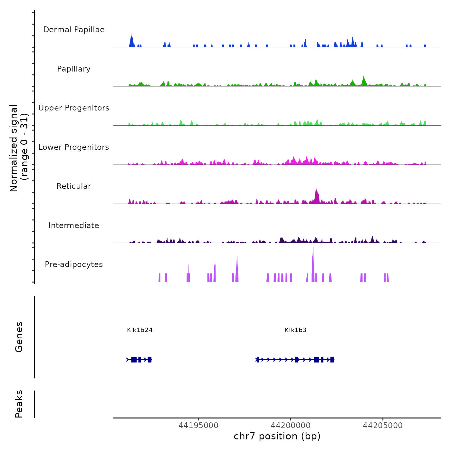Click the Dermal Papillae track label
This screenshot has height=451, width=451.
74,30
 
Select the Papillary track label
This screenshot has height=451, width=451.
74,69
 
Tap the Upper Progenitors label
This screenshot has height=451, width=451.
74,108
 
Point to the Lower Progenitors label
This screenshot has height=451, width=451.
74,147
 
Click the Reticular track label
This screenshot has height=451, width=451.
74,186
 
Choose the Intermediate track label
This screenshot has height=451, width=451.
74,225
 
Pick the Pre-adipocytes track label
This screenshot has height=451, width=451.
74,264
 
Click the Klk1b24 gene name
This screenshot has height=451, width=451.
140,330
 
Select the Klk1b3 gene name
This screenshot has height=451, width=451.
295,330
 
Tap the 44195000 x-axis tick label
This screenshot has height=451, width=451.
198,426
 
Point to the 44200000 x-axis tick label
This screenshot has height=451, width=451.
291,426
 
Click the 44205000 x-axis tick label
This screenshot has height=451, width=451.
383,426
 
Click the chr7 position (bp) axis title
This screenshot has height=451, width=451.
277,436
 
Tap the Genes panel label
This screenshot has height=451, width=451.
19,337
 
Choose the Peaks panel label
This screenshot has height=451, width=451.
19,404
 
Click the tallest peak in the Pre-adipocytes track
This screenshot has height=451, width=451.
313,250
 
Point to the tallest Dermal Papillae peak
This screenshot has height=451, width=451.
131,36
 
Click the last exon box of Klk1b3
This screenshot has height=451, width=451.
332,360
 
